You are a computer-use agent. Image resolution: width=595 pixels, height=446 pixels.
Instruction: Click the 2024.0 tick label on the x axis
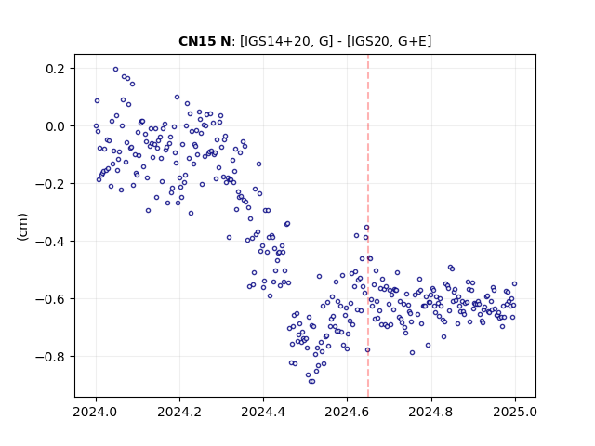[x=96, y=412]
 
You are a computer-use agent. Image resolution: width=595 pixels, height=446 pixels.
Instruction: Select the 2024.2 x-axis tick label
[x=179, y=412]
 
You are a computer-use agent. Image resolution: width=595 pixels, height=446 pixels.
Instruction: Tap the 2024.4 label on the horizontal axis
[x=263, y=412]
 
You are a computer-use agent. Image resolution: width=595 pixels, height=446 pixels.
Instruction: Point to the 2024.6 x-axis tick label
[x=347, y=412]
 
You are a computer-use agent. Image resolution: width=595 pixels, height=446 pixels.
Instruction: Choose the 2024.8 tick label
[x=431, y=412]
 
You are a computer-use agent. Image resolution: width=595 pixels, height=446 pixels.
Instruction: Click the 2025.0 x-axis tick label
[x=515, y=412]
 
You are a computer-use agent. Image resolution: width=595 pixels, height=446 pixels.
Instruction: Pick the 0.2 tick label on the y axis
[x=55, y=69]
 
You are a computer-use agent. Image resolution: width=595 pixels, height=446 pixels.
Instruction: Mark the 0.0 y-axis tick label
[x=55, y=126]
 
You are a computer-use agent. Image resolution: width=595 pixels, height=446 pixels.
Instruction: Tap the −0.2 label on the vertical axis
[x=50, y=184]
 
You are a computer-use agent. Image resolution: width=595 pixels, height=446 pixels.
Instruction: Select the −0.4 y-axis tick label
[x=50, y=242]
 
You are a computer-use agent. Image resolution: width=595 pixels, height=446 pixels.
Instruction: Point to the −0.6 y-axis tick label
[x=50, y=299]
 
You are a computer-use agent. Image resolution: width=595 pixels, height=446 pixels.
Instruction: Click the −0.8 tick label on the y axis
[x=50, y=357]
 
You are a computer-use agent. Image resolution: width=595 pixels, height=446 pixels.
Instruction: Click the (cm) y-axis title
[x=22, y=227]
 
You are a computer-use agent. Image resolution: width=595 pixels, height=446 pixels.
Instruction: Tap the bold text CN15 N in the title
[x=205, y=41]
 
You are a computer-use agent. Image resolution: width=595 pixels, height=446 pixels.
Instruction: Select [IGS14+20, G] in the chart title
[x=286, y=41]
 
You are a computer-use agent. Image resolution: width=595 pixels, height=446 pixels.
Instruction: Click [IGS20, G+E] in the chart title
[x=390, y=41]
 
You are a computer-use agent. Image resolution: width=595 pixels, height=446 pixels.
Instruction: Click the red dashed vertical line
[x=368, y=226]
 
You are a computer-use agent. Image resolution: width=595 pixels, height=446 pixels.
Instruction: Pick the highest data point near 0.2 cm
[x=115, y=69]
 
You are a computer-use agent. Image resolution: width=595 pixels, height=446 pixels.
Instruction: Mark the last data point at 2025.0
[x=514, y=283]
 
